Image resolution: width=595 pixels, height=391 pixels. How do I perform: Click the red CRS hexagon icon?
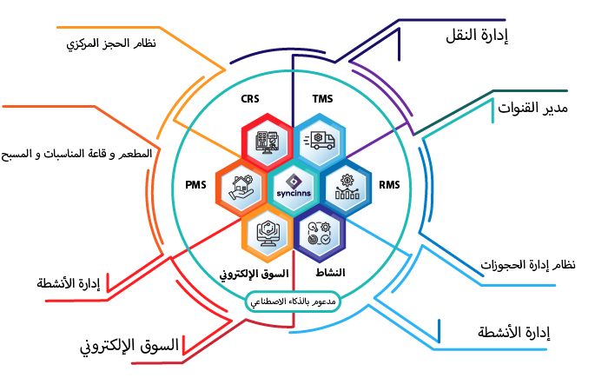[x=266, y=142]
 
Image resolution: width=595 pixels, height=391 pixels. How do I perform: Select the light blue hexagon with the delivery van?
[x=320, y=142]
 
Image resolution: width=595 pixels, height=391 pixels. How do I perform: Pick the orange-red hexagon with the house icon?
[x=239, y=186]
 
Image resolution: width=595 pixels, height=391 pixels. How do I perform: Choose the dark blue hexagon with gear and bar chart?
[x=347, y=186]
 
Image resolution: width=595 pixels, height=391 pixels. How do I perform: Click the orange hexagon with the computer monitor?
[x=266, y=231]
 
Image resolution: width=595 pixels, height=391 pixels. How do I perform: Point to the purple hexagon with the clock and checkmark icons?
[x=320, y=231]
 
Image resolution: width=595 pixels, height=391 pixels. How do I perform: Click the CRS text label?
[x=250, y=98]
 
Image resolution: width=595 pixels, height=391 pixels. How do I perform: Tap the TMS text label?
[x=322, y=98]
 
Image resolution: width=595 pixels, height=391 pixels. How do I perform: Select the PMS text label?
[x=195, y=185]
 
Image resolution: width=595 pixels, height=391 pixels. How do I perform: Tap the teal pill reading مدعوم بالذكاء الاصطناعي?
[x=293, y=301]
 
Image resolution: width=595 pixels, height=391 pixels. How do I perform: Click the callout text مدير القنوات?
[x=532, y=108]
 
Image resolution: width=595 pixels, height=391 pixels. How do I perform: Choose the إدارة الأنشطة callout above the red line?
[x=69, y=283]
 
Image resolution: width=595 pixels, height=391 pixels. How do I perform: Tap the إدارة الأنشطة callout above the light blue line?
[x=514, y=332]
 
